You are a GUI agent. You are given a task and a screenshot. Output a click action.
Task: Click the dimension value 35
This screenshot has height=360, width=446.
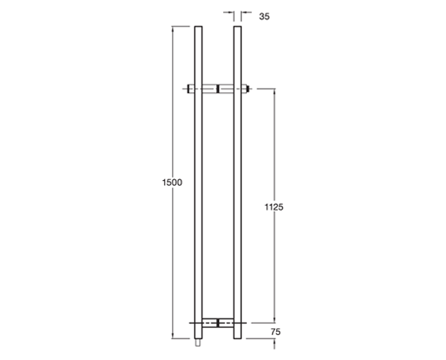(x=264, y=17)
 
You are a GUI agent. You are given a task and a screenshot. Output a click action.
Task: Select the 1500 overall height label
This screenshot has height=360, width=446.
(x=172, y=182)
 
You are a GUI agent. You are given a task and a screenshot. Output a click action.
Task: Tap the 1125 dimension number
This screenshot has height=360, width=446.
(x=274, y=207)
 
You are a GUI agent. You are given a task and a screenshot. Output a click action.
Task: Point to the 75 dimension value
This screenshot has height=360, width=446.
(x=275, y=332)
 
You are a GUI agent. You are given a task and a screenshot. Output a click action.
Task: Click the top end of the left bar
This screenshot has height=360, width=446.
(x=198, y=27)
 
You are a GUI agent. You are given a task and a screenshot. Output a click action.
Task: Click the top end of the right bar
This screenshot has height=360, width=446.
(x=237, y=27)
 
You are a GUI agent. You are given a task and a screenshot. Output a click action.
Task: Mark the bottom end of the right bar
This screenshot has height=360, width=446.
(x=237, y=338)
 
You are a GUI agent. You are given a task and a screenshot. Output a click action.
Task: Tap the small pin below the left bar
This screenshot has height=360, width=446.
(x=198, y=343)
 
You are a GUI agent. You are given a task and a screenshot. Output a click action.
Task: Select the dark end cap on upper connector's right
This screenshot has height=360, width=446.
(x=248, y=89)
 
